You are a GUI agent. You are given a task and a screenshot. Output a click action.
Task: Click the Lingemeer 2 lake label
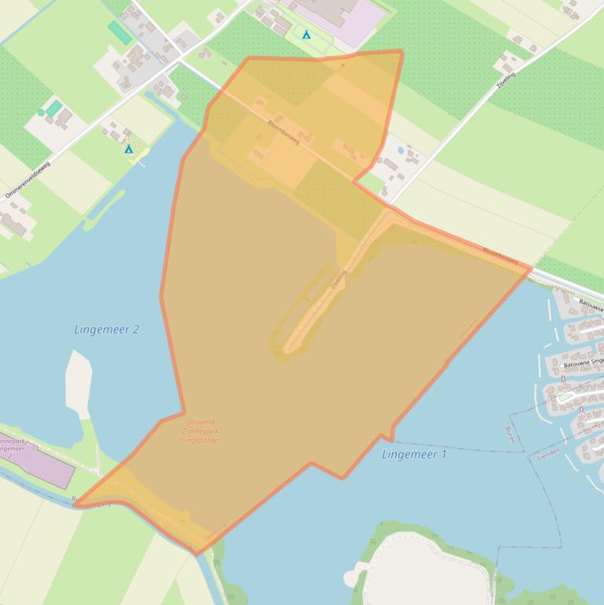tap(107, 329)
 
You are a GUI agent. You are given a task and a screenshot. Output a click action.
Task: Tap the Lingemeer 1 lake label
tap(414, 454)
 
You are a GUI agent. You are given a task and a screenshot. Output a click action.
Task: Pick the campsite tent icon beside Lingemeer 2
tap(129, 148)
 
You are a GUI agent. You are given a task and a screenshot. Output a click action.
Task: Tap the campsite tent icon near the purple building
tap(306, 35)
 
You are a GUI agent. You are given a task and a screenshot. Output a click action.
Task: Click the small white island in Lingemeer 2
tap(79, 383)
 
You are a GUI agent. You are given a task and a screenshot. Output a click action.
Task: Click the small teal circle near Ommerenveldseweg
tap(41, 112)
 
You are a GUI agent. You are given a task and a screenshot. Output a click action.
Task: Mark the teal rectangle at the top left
tap(120, 32)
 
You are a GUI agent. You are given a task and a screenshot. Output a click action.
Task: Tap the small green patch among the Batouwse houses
tap(565, 398)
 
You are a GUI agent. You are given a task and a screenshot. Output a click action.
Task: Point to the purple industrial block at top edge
tap(338, 12)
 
